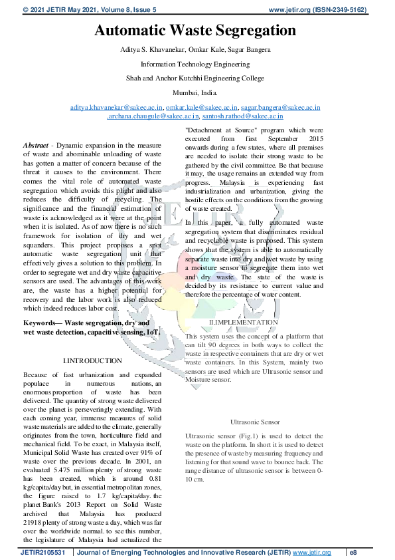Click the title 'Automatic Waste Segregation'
point(195,31)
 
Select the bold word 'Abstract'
point(36,145)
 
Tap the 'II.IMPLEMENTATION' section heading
point(244,323)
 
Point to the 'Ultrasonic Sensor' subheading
point(255,422)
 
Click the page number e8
point(354,553)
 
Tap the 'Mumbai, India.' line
point(195,92)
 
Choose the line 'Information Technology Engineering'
point(195,65)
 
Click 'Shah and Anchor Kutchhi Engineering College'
point(195,78)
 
